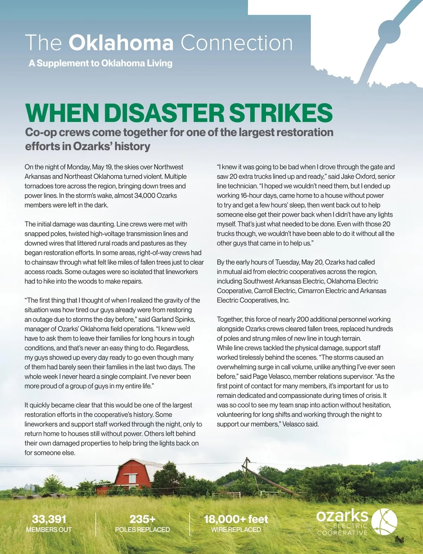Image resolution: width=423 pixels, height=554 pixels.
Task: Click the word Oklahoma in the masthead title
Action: pyautogui.click(x=121, y=43)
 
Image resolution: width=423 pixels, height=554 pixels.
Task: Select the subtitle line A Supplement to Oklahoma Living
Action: pyautogui.click(x=100, y=63)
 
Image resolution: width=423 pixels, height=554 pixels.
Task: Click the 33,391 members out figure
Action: pyautogui.click(x=49, y=519)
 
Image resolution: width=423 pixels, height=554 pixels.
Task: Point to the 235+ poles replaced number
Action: pyautogui.click(x=142, y=519)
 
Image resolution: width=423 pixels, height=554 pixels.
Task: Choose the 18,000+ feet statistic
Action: pyautogui.click(x=236, y=519)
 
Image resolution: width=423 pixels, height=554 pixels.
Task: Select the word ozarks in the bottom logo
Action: pyautogui.click(x=342, y=516)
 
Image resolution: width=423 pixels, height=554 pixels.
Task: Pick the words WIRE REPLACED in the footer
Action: pyautogui.click(x=236, y=530)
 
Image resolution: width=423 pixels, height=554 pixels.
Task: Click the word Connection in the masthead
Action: pyautogui.click(x=237, y=43)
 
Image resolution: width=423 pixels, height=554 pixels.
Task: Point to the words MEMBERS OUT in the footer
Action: pyautogui.click(x=49, y=530)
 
